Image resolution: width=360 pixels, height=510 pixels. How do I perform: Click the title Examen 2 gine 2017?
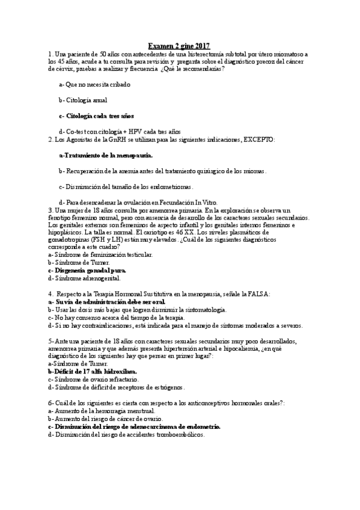pos(180,46)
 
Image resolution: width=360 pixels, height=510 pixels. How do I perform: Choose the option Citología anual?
pos(83,100)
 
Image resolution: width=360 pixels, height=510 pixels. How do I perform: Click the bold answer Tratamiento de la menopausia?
pos(106,155)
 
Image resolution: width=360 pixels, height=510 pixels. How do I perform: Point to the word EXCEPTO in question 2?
pos(258,140)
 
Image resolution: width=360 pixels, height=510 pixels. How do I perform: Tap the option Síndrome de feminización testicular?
pos(92,254)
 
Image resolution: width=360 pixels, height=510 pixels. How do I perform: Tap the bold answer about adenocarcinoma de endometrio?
pos(134,426)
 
